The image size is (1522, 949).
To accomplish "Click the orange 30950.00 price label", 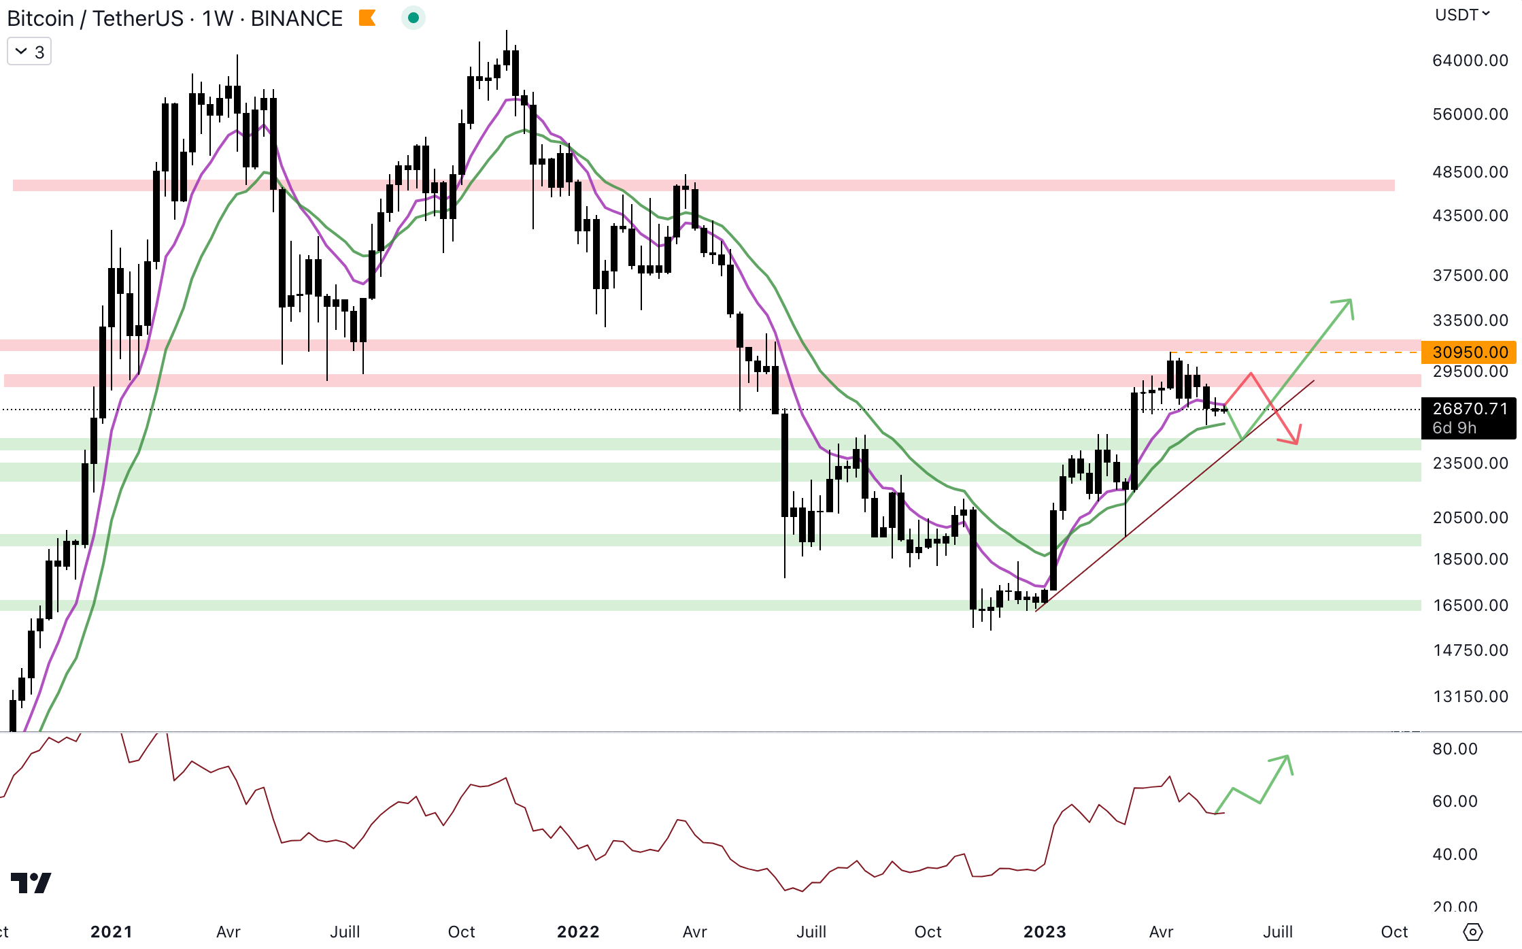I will [1469, 352].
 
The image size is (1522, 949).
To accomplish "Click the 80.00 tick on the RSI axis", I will [1455, 749].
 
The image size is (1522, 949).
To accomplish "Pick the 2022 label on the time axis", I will [578, 931].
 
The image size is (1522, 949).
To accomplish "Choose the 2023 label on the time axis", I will [1045, 931].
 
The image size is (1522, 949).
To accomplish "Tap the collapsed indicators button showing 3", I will [29, 52].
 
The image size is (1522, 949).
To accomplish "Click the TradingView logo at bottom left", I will [31, 882].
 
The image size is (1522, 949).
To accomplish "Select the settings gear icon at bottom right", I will [1472, 931].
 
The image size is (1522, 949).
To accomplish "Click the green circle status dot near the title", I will [413, 18].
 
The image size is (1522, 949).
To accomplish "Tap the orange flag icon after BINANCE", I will [367, 18].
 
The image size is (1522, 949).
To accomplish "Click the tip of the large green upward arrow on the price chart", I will [1349, 301].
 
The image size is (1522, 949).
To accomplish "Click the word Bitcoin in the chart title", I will [40, 18].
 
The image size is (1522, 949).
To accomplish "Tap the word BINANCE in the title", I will [297, 18].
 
